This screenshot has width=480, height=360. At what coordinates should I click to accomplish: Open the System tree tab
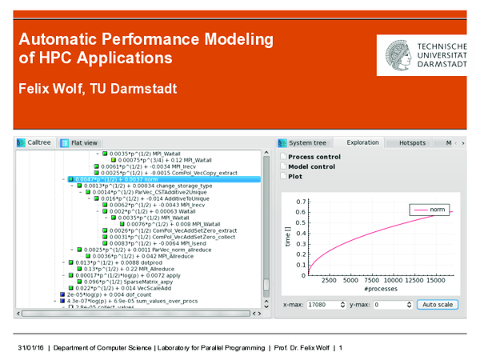(x=308, y=142)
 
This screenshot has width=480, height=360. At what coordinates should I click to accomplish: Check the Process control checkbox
(x=283, y=157)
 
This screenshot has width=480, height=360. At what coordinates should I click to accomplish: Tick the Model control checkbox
(x=283, y=166)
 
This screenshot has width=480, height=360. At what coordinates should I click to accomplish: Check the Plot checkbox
(x=283, y=176)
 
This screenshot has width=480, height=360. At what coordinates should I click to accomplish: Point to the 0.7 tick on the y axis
(x=302, y=202)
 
